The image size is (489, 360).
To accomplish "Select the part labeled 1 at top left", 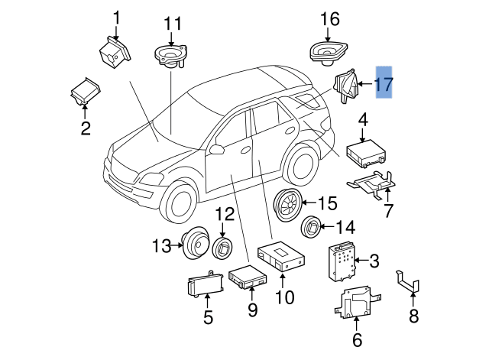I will [x=114, y=53].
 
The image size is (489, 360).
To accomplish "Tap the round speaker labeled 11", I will [x=170, y=57].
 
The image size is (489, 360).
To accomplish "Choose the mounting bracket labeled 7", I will [x=372, y=183].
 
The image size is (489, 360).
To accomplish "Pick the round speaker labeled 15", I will [x=287, y=204].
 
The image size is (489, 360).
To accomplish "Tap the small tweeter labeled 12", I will [x=222, y=248].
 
